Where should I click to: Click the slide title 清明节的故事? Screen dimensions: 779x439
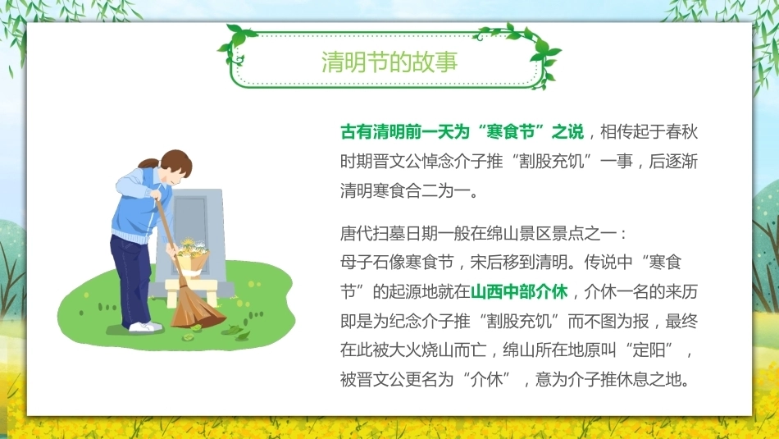(x=389, y=62)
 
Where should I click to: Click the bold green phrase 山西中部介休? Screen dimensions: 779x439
(x=519, y=291)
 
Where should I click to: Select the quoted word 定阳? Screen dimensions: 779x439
(x=649, y=350)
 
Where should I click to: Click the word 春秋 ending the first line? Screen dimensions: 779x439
(x=681, y=132)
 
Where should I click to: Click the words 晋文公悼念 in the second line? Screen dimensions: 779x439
(x=412, y=161)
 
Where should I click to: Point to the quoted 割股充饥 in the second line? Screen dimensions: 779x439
(x=552, y=161)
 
